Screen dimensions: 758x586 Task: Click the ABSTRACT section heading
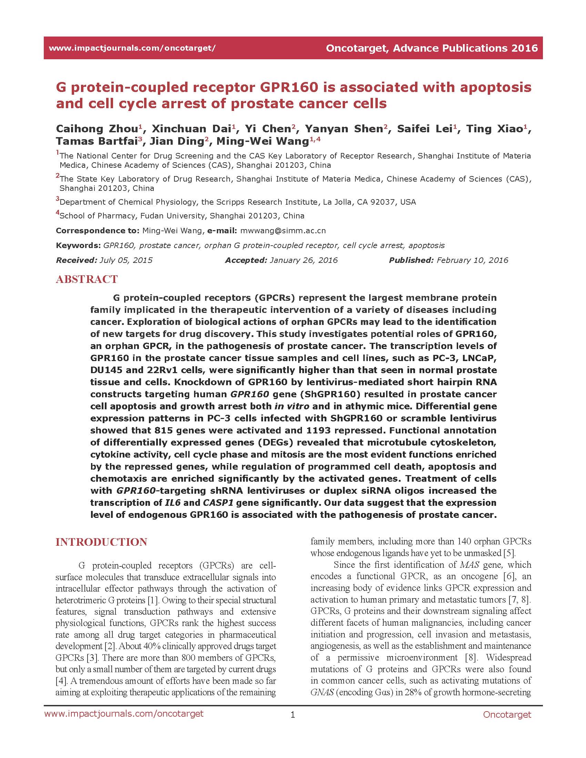point(87,279)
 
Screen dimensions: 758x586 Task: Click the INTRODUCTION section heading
point(101,542)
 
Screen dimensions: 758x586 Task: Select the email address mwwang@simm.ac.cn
point(283,231)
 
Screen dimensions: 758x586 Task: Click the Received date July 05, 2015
point(126,260)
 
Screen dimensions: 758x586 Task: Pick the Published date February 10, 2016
point(472,260)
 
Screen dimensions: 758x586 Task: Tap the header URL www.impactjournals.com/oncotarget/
point(132,48)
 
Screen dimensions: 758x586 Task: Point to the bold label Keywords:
point(78,245)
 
